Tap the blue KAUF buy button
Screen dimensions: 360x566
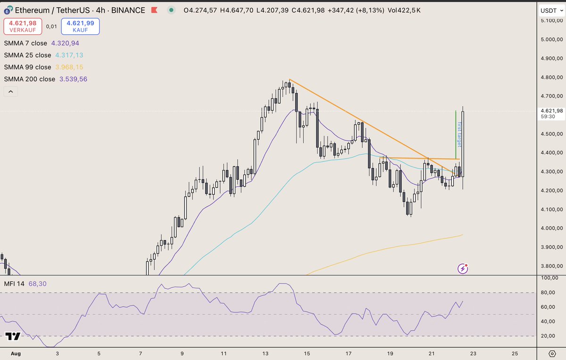point(81,26)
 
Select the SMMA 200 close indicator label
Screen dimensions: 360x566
point(29,79)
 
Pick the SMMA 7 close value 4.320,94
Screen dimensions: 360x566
point(65,43)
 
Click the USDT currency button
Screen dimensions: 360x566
point(551,10)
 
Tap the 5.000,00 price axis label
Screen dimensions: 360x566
point(551,39)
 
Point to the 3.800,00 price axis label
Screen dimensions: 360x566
point(551,266)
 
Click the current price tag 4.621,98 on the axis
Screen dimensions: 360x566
point(551,111)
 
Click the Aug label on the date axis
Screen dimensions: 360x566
point(16,352)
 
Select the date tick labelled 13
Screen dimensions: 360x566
point(266,352)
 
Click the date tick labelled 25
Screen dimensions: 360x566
point(515,352)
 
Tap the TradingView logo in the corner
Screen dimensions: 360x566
point(13,336)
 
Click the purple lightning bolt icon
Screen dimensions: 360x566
point(464,268)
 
